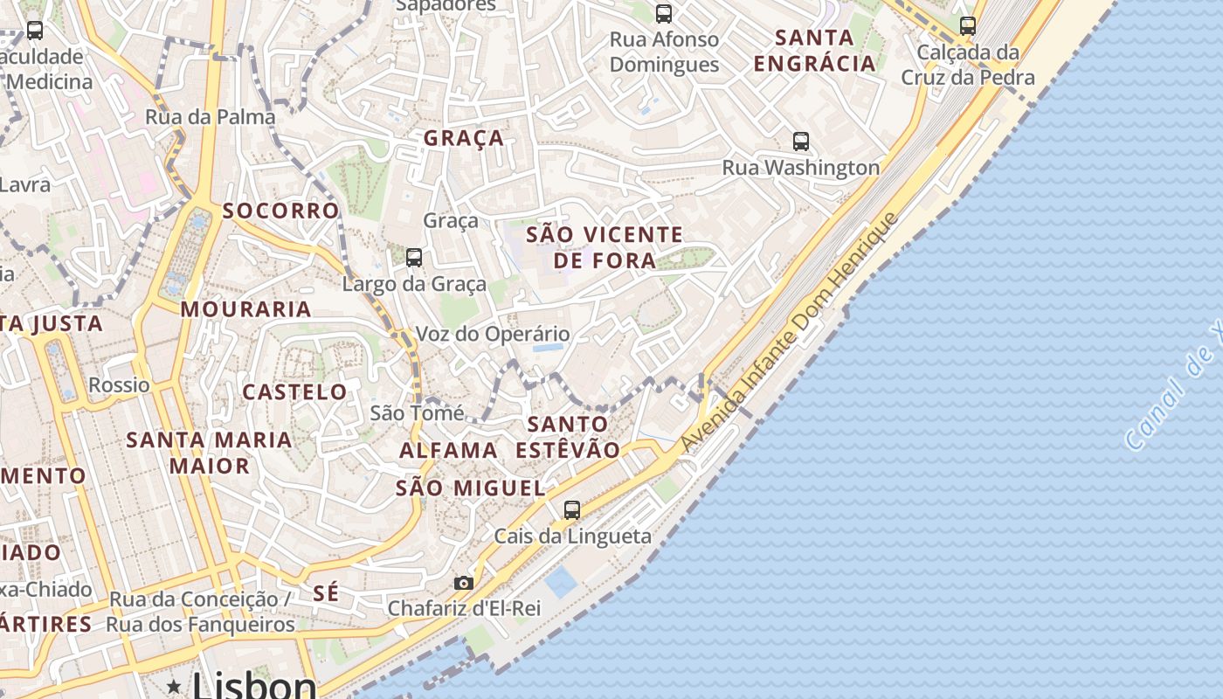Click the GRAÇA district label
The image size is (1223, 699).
(x=464, y=138)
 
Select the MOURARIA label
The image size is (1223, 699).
(x=245, y=308)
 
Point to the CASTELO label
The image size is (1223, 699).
(x=294, y=391)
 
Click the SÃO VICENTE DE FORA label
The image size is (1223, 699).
(x=605, y=247)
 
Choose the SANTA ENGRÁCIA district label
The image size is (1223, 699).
(x=814, y=51)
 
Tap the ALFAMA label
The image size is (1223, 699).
(x=448, y=451)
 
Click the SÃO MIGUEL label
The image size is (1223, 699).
(x=471, y=488)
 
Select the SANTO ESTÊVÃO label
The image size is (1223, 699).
(x=568, y=437)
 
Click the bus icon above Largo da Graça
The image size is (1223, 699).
(x=414, y=258)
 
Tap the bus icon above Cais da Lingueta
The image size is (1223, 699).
(x=572, y=510)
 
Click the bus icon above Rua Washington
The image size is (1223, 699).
(x=800, y=142)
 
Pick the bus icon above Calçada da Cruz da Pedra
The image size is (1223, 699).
(x=967, y=26)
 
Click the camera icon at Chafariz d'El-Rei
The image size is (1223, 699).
(x=464, y=583)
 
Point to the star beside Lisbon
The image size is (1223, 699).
(x=175, y=687)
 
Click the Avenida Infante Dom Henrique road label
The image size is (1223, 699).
(x=789, y=333)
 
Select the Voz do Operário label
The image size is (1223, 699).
(x=493, y=334)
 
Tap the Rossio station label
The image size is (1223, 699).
(x=119, y=384)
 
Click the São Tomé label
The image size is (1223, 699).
(x=417, y=412)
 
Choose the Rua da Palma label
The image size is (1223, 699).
(x=210, y=116)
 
